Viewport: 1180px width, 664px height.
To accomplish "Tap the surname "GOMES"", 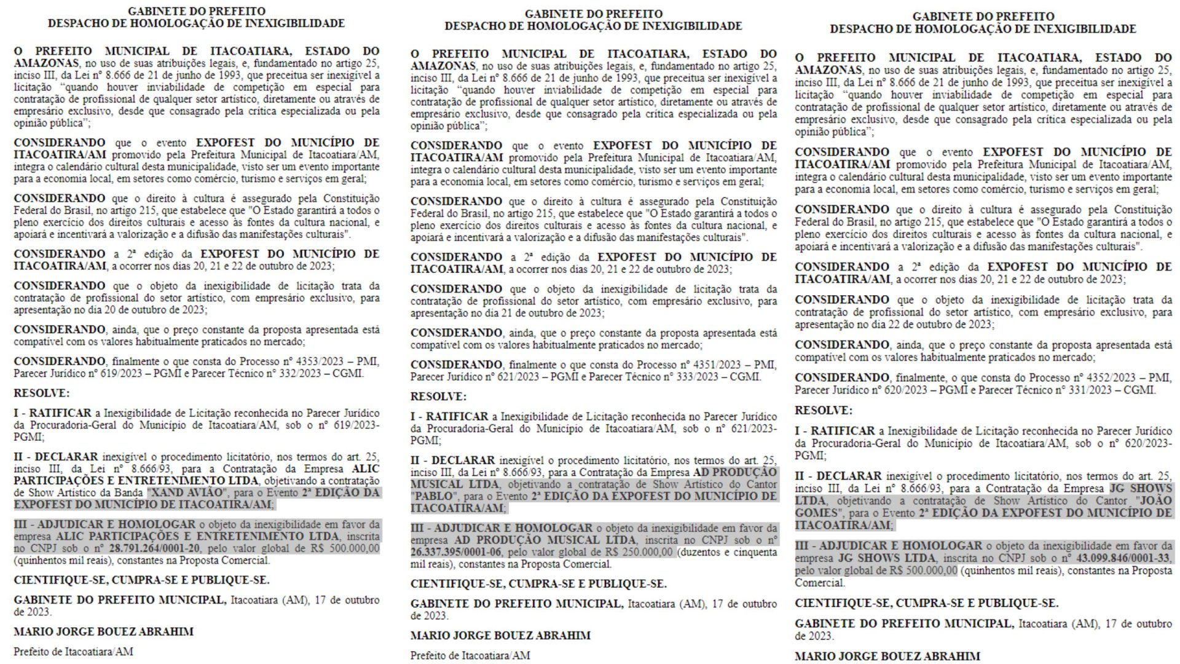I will click(x=817, y=513).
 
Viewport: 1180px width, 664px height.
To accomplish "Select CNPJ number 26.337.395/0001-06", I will click(x=456, y=552).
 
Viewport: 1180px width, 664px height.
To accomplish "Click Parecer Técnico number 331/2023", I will click(x=1080, y=390).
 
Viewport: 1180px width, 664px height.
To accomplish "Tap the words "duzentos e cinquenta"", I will click(x=728, y=552).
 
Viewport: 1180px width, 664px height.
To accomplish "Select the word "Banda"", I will click(x=128, y=493).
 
